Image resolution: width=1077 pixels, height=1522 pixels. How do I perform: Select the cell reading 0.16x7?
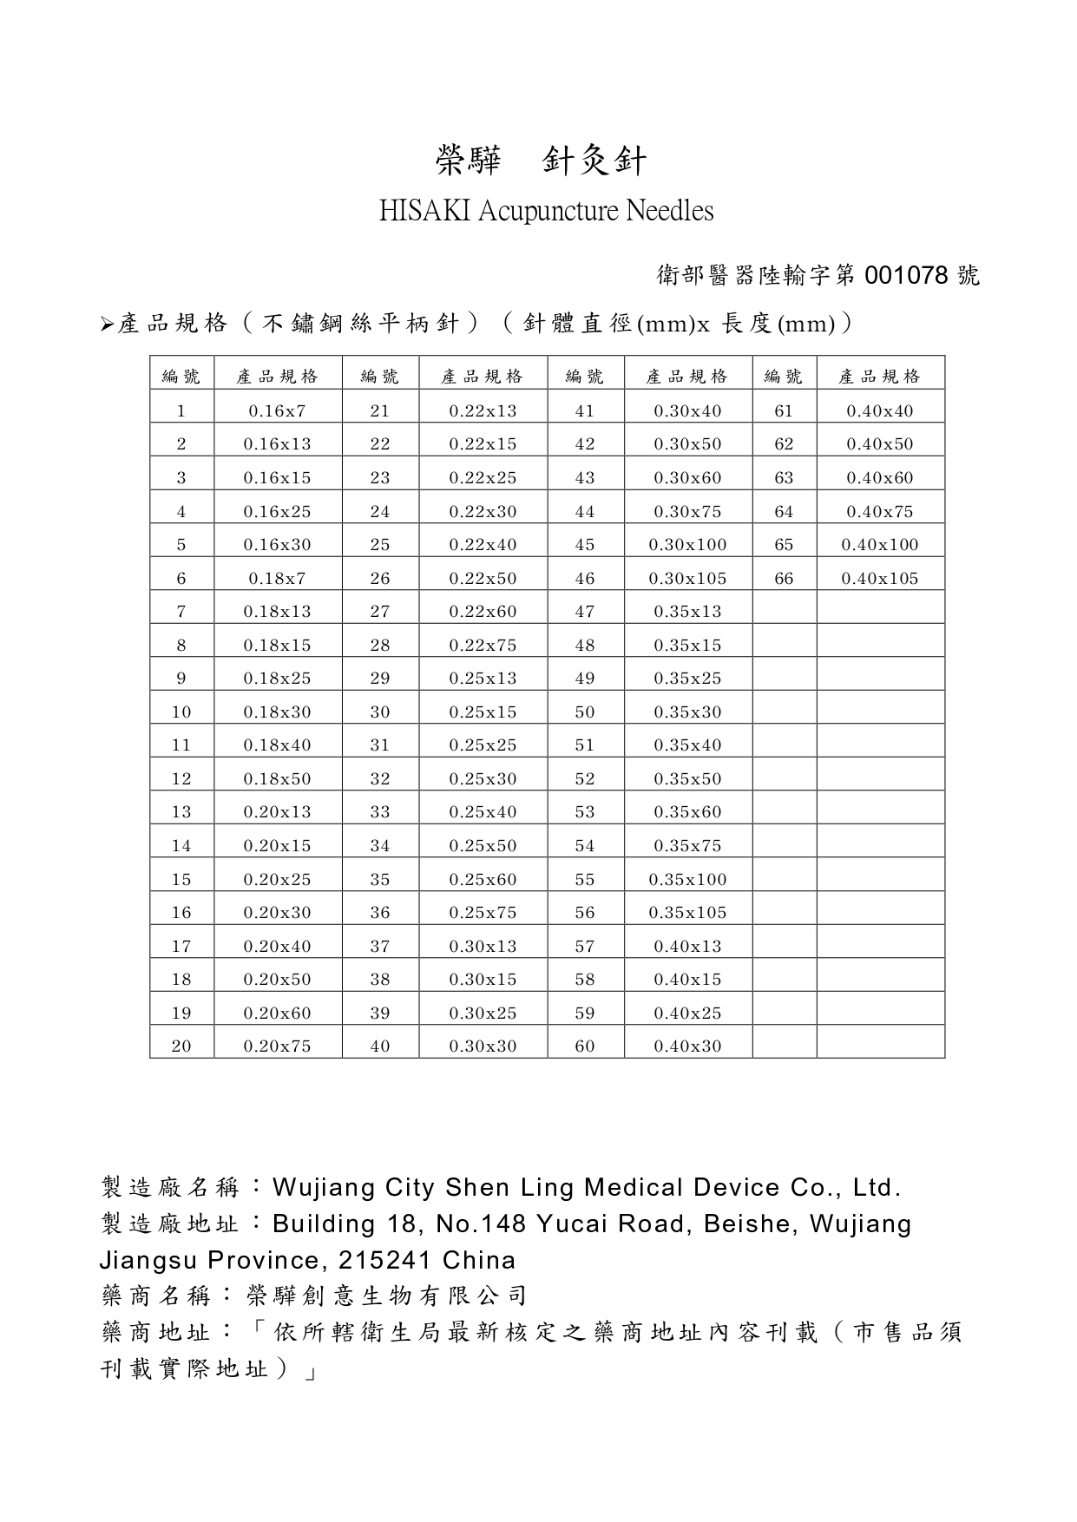pyautogui.click(x=277, y=411)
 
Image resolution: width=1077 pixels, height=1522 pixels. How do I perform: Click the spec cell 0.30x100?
pyautogui.click(x=687, y=545)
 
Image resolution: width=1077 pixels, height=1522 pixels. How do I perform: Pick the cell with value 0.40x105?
pyautogui.click(x=879, y=579)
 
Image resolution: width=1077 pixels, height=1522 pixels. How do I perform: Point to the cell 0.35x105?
pyautogui.click(x=687, y=913)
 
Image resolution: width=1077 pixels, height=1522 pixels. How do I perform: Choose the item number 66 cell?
pyautogui.click(x=784, y=579)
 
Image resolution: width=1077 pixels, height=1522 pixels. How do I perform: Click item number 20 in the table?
pyautogui.click(x=181, y=1046)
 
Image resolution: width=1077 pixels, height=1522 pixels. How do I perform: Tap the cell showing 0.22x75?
pyautogui.click(x=483, y=646)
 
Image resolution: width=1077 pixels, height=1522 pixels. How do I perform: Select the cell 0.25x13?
pyautogui.click(x=483, y=679)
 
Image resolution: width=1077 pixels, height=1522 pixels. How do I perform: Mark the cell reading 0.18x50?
pyautogui.click(x=277, y=779)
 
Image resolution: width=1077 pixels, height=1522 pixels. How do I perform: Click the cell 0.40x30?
pyautogui.click(x=687, y=1046)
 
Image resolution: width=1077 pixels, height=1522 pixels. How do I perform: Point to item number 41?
pyautogui.click(x=585, y=411)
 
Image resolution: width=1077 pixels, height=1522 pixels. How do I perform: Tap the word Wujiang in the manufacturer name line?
pyautogui.click(x=324, y=1187)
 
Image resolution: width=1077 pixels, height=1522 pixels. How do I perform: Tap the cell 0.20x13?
pyautogui.click(x=277, y=812)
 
